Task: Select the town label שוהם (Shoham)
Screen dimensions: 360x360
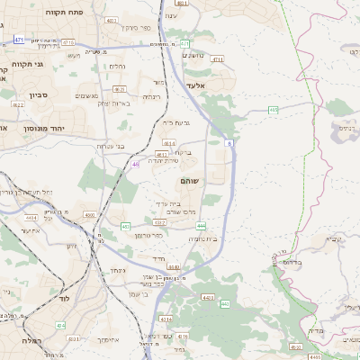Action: click(191, 182)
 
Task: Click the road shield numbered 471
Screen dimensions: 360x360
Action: click(20, 40)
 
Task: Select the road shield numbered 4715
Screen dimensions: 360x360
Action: click(69, 41)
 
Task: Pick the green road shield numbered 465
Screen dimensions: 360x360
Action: click(274, 110)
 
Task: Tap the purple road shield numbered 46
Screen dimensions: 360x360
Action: click(135, 164)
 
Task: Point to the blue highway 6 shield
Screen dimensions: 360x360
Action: click(230, 142)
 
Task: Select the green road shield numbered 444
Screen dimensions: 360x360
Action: click(201, 226)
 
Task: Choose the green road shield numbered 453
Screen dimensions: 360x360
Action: click(125, 226)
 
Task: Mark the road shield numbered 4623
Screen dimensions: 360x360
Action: click(120, 90)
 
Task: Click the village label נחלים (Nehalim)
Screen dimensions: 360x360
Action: click(117, 66)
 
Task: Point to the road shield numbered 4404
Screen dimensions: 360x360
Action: click(31, 217)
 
